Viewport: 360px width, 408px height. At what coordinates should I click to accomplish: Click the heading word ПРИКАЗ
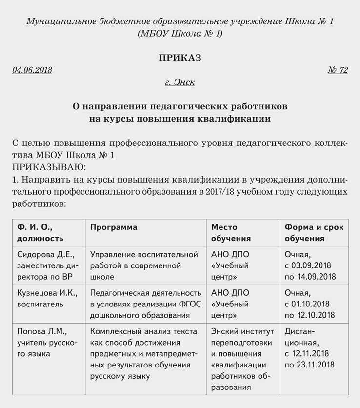point(180,58)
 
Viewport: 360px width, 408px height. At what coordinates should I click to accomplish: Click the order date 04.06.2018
point(32,70)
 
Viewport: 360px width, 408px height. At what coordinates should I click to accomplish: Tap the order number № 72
point(338,70)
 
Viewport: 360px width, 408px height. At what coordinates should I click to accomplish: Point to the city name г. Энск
point(180,82)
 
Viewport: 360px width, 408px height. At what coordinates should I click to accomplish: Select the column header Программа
point(114,227)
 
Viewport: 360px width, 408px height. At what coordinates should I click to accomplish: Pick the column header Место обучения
point(231,233)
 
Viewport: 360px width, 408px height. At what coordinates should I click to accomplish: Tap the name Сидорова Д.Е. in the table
point(45,255)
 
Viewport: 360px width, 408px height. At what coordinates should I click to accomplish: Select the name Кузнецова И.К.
point(46,293)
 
